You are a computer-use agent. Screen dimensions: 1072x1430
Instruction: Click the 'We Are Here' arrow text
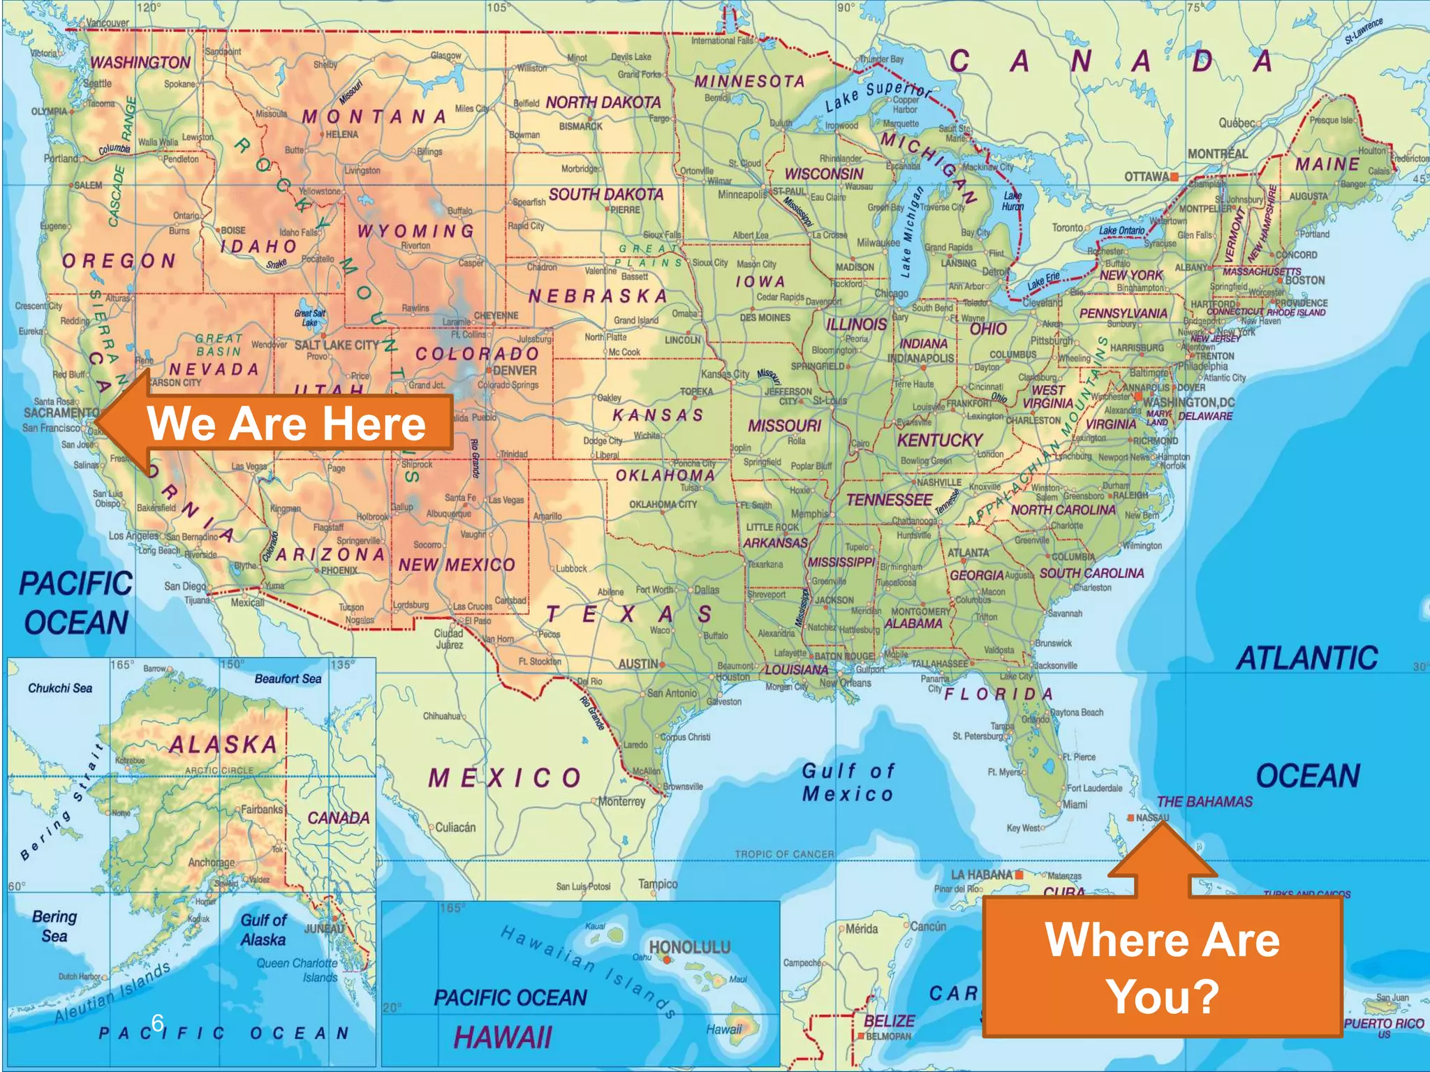pyautogui.click(x=286, y=424)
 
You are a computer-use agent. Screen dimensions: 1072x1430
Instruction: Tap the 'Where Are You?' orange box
pyautogui.click(x=1163, y=967)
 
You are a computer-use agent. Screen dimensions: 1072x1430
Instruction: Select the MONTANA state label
pyautogui.click(x=374, y=117)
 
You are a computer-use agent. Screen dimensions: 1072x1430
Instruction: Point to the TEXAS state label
pyautogui.click(x=628, y=614)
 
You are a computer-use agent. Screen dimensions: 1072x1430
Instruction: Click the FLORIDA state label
pyautogui.click(x=998, y=694)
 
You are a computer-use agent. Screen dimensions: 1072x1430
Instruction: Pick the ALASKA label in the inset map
pyautogui.click(x=223, y=745)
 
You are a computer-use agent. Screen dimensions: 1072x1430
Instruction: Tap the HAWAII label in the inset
pyautogui.click(x=503, y=1037)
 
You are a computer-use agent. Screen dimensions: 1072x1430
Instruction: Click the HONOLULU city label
pyautogui.click(x=690, y=947)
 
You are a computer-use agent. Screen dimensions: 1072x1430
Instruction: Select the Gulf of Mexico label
pyautogui.click(x=848, y=782)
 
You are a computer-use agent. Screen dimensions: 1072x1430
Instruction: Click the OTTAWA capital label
pyautogui.click(x=1147, y=177)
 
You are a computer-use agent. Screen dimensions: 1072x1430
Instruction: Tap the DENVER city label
pyautogui.click(x=515, y=371)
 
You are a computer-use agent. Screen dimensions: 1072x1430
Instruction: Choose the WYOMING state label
pyautogui.click(x=415, y=231)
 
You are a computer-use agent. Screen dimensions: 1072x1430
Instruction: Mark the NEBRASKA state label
pyautogui.click(x=598, y=297)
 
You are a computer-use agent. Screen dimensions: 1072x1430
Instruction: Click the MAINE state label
pyautogui.click(x=1327, y=165)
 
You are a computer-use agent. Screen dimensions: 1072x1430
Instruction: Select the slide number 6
pyautogui.click(x=158, y=1022)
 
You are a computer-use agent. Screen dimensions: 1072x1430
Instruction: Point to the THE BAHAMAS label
pyautogui.click(x=1204, y=802)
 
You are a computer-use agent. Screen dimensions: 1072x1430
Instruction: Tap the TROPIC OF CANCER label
pyautogui.click(x=784, y=854)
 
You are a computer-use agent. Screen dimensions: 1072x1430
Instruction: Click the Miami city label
pyautogui.click(x=1075, y=805)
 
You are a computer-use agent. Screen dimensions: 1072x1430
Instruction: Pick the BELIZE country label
pyautogui.click(x=889, y=1020)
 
